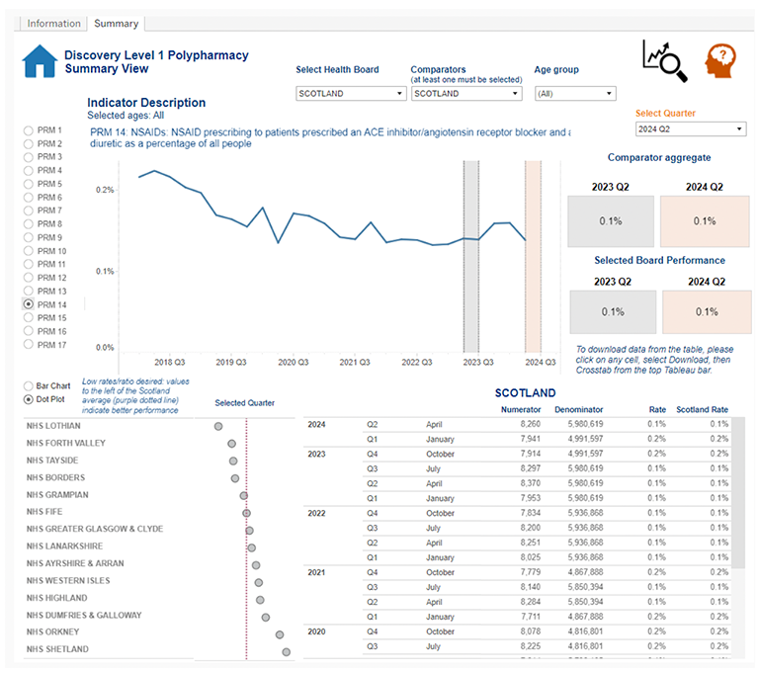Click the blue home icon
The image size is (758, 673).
(x=41, y=62)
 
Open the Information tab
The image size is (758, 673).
(x=53, y=23)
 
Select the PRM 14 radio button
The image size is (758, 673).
(x=29, y=304)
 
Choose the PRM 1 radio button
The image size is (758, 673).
(x=29, y=130)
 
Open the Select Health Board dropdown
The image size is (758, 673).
(x=351, y=94)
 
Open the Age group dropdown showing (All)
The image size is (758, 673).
(x=574, y=94)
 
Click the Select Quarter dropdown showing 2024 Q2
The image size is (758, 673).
(x=690, y=129)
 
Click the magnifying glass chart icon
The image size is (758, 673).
(x=663, y=61)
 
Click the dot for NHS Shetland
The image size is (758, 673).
(x=286, y=650)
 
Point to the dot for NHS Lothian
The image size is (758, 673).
(x=218, y=426)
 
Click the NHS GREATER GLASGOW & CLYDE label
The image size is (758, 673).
(x=95, y=529)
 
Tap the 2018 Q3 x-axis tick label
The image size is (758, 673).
(x=169, y=363)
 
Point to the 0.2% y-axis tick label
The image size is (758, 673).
(x=104, y=190)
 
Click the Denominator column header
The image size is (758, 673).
(x=578, y=409)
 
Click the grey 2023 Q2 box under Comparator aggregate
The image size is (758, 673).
(x=611, y=221)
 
